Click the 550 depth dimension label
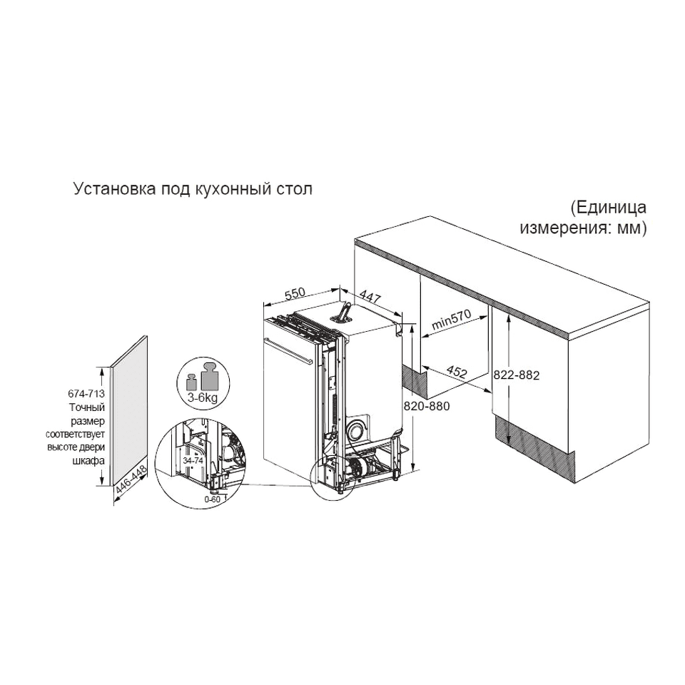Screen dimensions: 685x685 click(x=295, y=293)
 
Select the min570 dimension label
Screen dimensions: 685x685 click(x=452, y=320)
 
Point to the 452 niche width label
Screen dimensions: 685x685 click(x=457, y=371)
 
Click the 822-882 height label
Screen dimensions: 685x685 click(x=517, y=375)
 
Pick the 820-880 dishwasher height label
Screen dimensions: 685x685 click(x=427, y=406)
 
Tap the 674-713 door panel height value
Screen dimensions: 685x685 click(x=86, y=394)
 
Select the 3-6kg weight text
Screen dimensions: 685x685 click(x=202, y=398)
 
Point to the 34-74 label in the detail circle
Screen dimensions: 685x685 click(x=193, y=460)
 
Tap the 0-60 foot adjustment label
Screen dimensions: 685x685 click(x=213, y=499)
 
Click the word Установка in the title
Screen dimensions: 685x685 click(x=114, y=189)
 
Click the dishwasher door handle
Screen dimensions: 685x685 click(x=288, y=350)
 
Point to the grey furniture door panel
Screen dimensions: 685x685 click(x=129, y=411)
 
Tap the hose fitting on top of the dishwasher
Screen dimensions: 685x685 click(x=343, y=312)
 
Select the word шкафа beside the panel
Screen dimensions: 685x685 click(x=88, y=460)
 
